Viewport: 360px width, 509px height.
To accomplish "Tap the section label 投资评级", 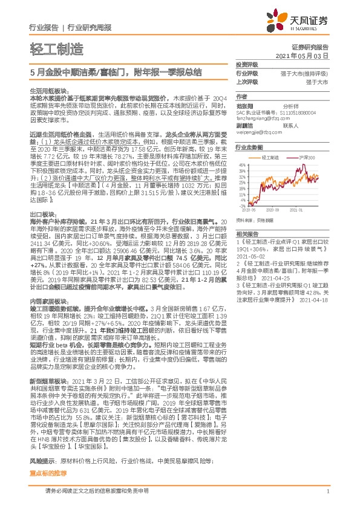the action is coord(246,64).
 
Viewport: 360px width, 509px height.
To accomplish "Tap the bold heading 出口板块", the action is coord(40,198).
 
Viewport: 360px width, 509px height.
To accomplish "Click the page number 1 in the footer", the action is coord(327,491).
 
